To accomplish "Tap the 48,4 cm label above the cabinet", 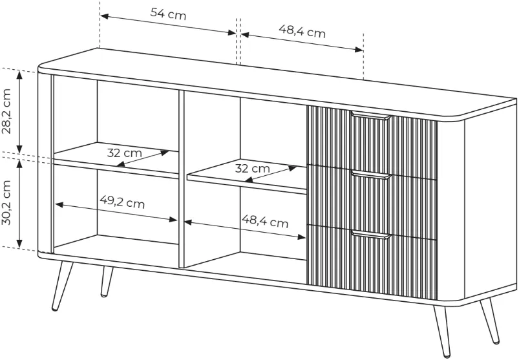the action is tap(302, 32).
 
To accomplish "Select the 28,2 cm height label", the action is tap(6, 111).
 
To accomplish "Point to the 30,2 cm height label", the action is tap(6, 202).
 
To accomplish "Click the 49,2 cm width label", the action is tap(122, 202).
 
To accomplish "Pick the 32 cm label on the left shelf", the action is tap(125, 153).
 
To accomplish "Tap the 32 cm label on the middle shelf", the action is tap(252, 169).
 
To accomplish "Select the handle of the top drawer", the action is tap(371, 116).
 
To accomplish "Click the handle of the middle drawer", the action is tap(371, 175).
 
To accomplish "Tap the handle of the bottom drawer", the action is tap(371, 234).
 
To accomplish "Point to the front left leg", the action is tap(62, 286).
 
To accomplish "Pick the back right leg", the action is tap(490, 321).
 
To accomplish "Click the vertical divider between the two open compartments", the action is tap(181, 178).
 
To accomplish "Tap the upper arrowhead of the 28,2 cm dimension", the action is tap(19, 75).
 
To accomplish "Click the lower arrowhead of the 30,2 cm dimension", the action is tap(19, 243).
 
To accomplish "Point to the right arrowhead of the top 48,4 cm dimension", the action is tap(359, 50).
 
